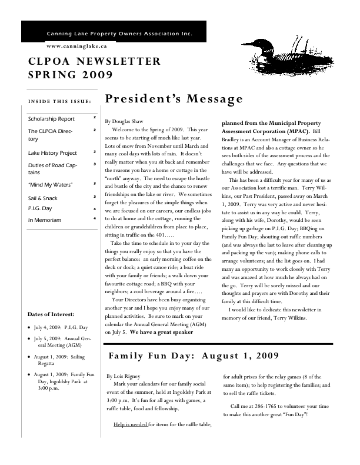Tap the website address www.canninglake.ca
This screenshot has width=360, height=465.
76,45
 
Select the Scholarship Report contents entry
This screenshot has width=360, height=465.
51,119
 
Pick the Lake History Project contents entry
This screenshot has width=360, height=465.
52,152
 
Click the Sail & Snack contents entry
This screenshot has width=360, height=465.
43,198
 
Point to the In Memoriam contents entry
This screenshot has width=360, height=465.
45,220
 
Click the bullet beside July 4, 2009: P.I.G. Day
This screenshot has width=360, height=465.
30,327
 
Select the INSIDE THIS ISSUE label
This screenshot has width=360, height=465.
59,101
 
